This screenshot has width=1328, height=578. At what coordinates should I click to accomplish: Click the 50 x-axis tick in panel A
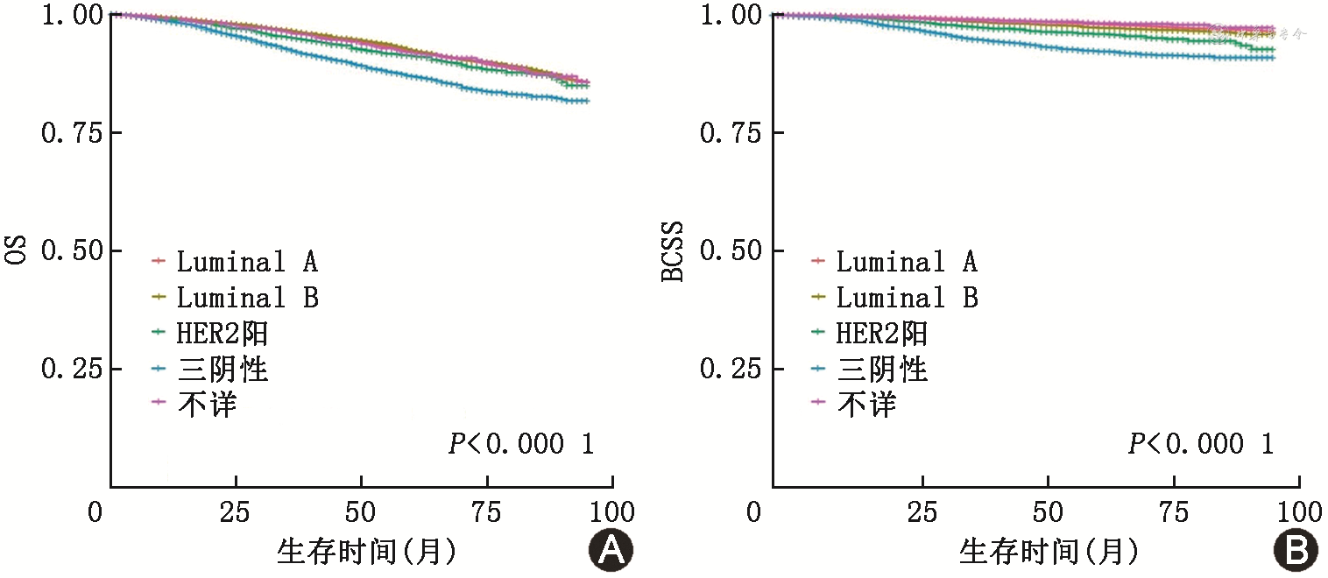point(361,511)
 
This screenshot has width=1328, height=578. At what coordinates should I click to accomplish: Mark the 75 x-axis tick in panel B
point(1174,511)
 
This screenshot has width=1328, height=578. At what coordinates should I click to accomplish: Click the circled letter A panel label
point(610,550)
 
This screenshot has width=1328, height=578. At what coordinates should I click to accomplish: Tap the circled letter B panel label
point(1295,550)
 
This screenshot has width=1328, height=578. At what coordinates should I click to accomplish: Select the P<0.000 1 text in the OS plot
point(520,444)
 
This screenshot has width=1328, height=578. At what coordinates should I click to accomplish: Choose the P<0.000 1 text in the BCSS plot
point(1200,444)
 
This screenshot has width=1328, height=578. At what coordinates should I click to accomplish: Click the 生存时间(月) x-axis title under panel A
point(366,552)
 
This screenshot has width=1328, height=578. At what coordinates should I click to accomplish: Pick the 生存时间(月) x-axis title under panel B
point(1049,552)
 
